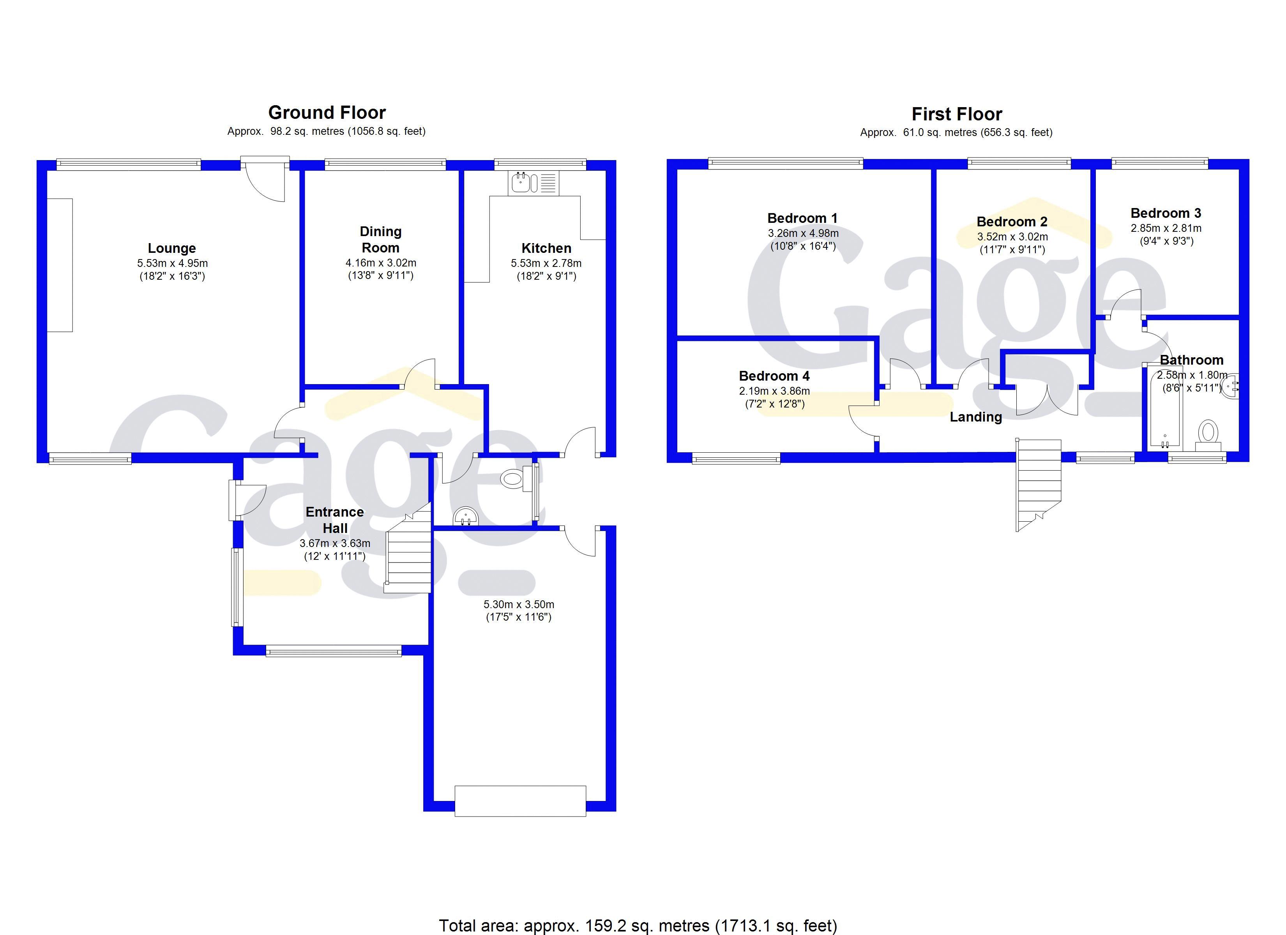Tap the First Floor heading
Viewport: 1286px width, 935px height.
[x=957, y=115]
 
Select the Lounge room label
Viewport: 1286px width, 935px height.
[x=172, y=248]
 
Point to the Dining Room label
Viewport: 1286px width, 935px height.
[x=380, y=239]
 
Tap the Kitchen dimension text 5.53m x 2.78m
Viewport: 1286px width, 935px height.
[x=546, y=263]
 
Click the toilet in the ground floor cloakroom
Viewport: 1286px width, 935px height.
[x=512, y=479]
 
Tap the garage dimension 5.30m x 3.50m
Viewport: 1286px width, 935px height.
[x=519, y=604]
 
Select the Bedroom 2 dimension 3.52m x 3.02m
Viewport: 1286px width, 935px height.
[x=1012, y=237]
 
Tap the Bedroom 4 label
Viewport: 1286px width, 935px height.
[x=774, y=376]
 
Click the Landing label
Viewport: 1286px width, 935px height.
[x=975, y=417]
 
